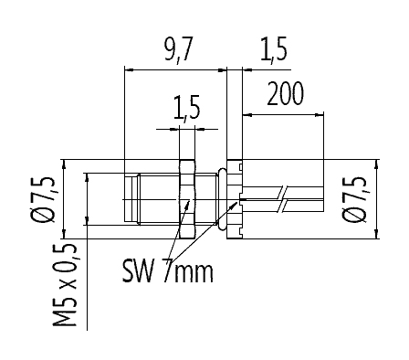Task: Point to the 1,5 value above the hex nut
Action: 186,111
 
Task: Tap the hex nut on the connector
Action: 187,199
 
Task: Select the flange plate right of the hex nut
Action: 234,199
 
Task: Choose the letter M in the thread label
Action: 65,316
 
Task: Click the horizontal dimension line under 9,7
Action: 173,69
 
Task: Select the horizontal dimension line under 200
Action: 284,114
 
